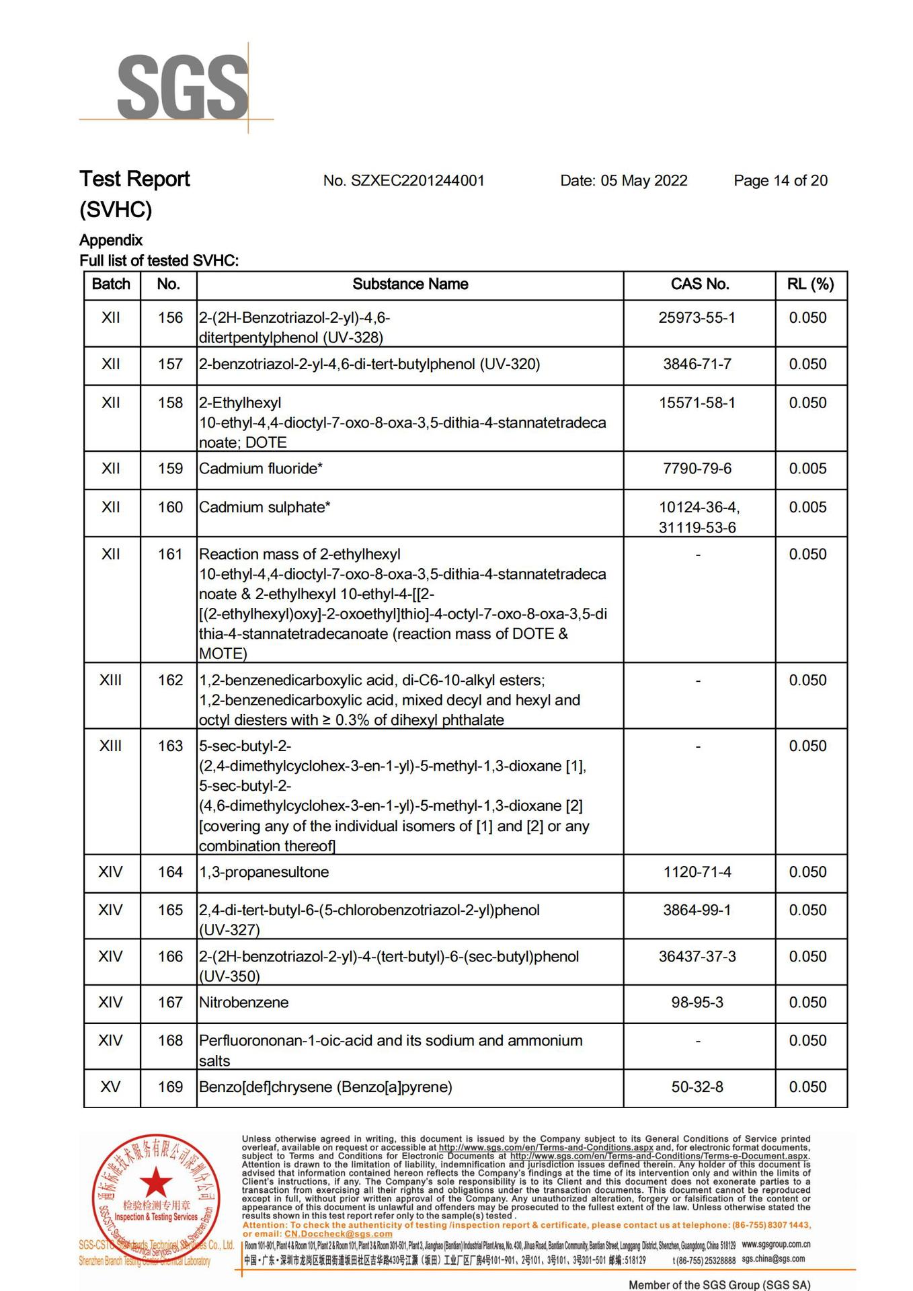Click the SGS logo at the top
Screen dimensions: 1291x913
coord(182,87)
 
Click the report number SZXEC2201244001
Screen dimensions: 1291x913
coord(403,180)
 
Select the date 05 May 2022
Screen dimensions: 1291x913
coord(623,180)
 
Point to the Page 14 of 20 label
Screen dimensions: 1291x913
coord(780,180)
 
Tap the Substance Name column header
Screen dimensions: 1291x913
coord(410,284)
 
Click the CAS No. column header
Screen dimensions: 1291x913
coord(699,284)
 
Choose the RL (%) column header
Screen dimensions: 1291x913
coord(810,284)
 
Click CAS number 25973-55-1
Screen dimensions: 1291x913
coord(697,317)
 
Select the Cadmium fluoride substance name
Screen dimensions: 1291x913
coord(260,469)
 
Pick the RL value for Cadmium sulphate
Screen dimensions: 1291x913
coord(807,508)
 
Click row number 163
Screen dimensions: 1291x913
coord(169,746)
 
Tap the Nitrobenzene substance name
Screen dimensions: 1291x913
coord(243,1003)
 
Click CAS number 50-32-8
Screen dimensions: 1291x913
coord(697,1087)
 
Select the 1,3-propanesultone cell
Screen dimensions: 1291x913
coord(264,872)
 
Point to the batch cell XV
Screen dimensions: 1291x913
coord(110,1087)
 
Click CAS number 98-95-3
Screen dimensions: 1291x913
coord(697,1003)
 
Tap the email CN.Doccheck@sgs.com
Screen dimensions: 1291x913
coord(338,1235)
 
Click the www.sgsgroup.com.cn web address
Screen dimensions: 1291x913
coord(776,1245)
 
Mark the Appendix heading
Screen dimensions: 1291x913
coord(111,240)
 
